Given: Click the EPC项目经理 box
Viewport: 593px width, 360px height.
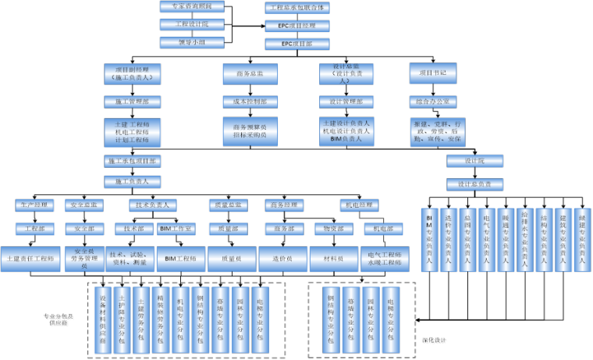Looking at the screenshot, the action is click(296, 26).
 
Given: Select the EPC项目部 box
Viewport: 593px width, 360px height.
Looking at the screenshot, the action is click(296, 44).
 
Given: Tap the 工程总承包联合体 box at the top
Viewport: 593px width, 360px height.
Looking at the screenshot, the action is click(296, 7).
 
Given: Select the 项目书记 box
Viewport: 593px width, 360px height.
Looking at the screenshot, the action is click(432, 73).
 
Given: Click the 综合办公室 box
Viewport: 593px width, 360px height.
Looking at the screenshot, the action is click(432, 102).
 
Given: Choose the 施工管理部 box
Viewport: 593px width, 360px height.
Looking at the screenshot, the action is click(132, 102).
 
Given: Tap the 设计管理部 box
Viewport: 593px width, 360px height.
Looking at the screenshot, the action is click(346, 102).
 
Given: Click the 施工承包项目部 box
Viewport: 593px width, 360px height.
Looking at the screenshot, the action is click(132, 162).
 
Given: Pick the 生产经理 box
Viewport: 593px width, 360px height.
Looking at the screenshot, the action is click(34, 205).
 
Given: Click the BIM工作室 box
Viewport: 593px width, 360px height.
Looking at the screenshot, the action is click(176, 229).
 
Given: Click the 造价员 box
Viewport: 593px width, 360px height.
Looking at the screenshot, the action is click(280, 258).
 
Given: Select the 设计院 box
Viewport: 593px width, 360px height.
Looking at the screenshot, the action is click(475, 161).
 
